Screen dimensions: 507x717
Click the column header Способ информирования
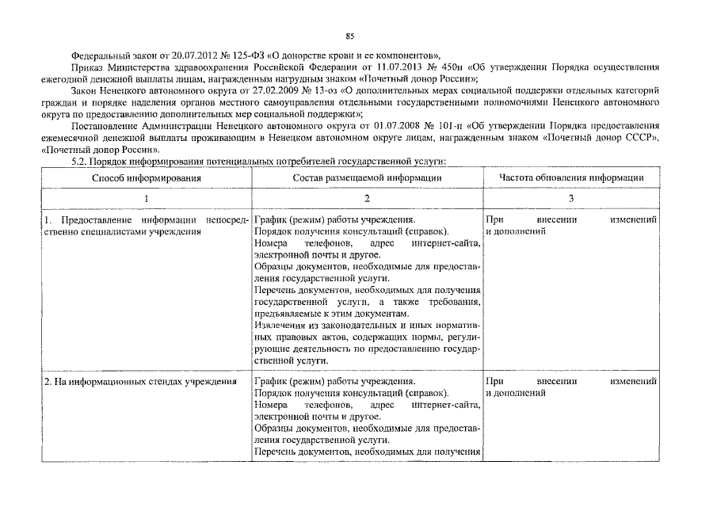click(147, 178)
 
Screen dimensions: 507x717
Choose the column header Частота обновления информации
click(570, 178)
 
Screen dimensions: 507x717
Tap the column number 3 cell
click(570, 198)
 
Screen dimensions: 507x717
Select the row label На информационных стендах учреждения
click(139, 382)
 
